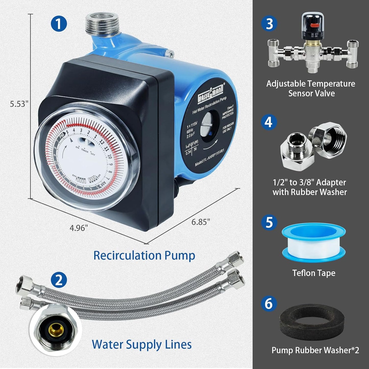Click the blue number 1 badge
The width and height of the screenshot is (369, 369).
(59, 24)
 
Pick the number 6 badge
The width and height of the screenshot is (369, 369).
(269, 303)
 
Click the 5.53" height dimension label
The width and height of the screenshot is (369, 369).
(19, 104)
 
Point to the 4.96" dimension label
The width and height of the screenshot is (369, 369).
(79, 228)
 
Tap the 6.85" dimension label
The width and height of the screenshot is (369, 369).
(201, 222)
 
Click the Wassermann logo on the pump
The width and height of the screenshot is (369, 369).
(211, 94)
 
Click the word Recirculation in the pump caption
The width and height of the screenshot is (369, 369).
(127, 255)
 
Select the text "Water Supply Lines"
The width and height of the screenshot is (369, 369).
(142, 344)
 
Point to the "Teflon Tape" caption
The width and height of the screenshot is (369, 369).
(314, 273)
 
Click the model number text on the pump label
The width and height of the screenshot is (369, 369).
(209, 158)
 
